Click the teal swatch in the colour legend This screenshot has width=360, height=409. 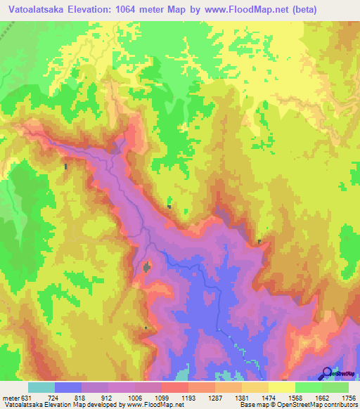[x=41, y=387]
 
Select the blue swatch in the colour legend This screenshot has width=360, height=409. [x=68, y=387]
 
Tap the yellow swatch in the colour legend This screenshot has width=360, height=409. [x=282, y=387]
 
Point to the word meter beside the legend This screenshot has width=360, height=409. [x=11, y=398]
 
